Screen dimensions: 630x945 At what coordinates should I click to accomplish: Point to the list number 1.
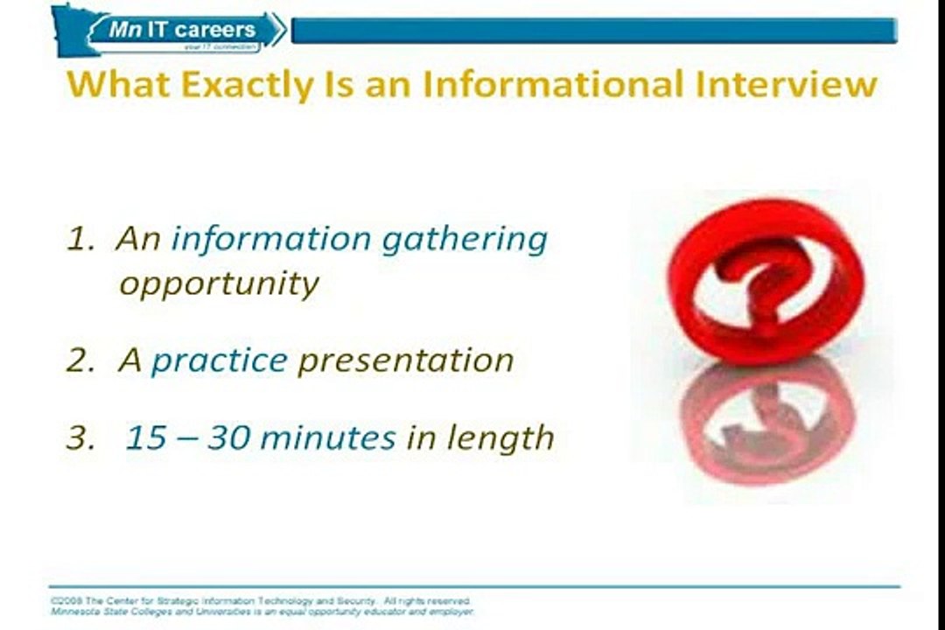(79, 240)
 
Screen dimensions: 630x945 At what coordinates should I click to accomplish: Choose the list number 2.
(79, 360)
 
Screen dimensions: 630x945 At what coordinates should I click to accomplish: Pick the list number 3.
(79, 437)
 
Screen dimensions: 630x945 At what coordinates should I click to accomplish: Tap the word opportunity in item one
(219, 284)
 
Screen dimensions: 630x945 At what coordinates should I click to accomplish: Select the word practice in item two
(219, 360)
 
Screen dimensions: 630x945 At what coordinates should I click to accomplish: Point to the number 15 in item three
(146, 437)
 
